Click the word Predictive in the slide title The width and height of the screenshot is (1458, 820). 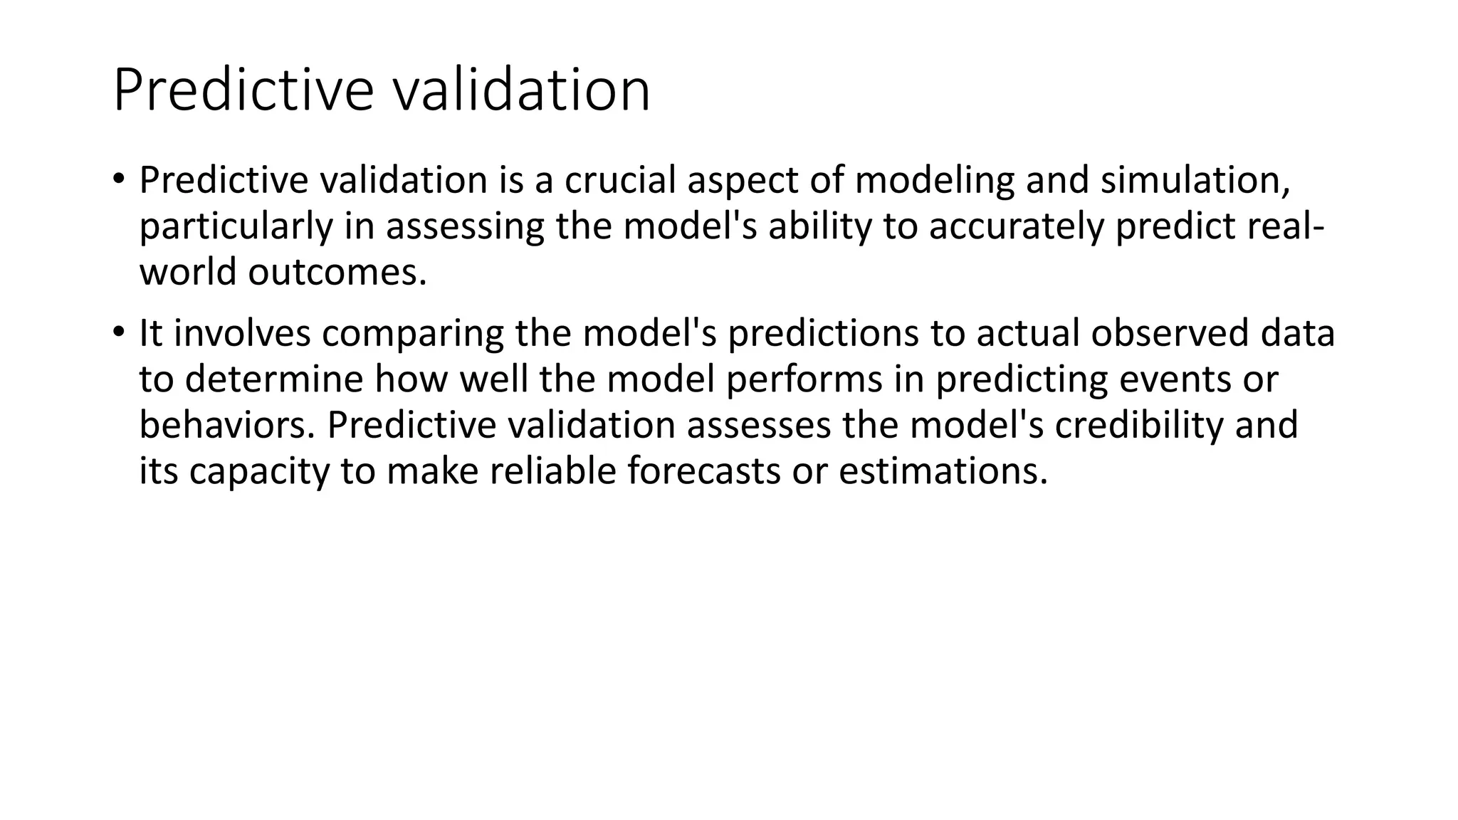[x=243, y=90]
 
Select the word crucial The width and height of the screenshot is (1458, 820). [x=620, y=179]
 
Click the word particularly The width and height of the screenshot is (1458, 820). [x=236, y=226]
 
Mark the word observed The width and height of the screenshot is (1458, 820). [x=1170, y=332]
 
